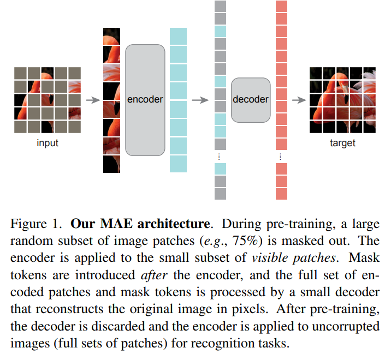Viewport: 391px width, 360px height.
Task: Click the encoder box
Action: coord(145,100)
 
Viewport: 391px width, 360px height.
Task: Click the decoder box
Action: coord(251,99)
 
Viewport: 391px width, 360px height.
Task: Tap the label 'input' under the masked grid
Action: coord(48,143)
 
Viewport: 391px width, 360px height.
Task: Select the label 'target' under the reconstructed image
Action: coord(342,143)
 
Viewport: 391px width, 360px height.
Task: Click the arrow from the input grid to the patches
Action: coord(93,100)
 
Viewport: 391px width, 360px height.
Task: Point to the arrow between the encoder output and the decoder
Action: coord(201,100)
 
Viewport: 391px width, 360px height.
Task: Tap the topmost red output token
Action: coord(281,7)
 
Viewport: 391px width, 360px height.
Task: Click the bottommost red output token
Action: coord(281,194)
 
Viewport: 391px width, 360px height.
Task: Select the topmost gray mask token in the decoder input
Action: coord(220,7)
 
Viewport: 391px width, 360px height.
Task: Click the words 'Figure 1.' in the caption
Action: coord(32,224)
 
